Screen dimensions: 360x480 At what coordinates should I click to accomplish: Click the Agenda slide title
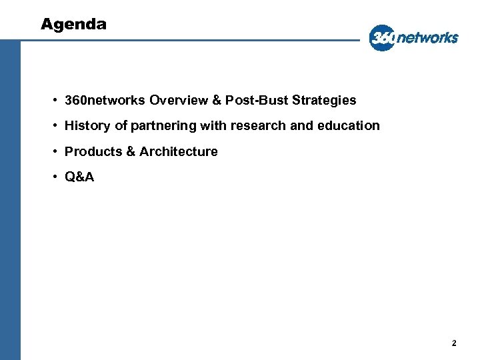tap(73, 25)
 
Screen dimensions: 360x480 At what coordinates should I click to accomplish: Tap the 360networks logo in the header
tap(414, 37)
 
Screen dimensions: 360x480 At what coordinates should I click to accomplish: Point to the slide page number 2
tap(454, 343)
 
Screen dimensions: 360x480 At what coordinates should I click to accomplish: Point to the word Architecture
tap(179, 152)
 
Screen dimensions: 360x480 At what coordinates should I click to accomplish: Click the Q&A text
tap(79, 177)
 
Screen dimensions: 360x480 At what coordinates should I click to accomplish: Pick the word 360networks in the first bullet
tap(105, 101)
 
